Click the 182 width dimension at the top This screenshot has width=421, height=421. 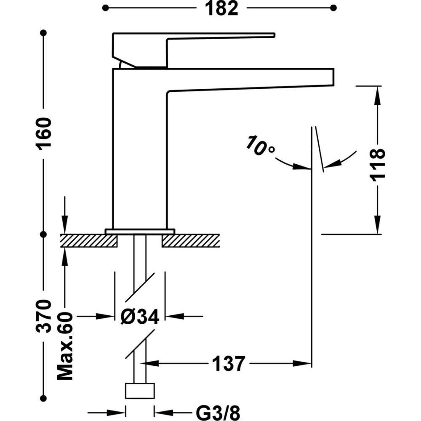click(222, 8)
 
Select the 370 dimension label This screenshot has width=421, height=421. click(43, 315)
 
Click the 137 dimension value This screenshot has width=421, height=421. click(228, 363)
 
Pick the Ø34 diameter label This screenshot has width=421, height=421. click(140, 316)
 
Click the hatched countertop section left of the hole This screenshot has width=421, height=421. click(89, 241)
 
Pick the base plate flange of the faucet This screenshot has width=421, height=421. click(139, 231)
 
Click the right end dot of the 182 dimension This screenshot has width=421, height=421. click(333, 8)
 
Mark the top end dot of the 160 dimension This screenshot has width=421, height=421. click(43, 32)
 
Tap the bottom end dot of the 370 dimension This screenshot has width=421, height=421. click(43, 397)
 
